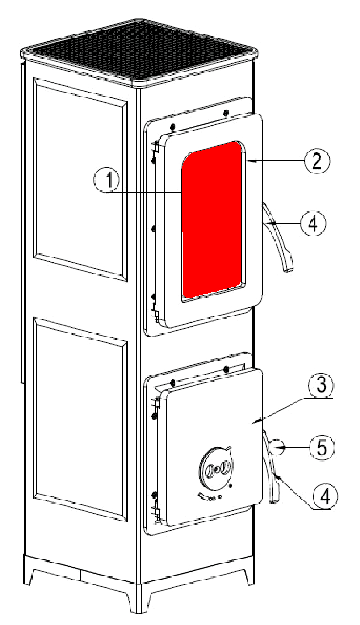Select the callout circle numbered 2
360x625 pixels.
click(x=316, y=161)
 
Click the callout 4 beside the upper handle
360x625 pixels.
click(x=313, y=224)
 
